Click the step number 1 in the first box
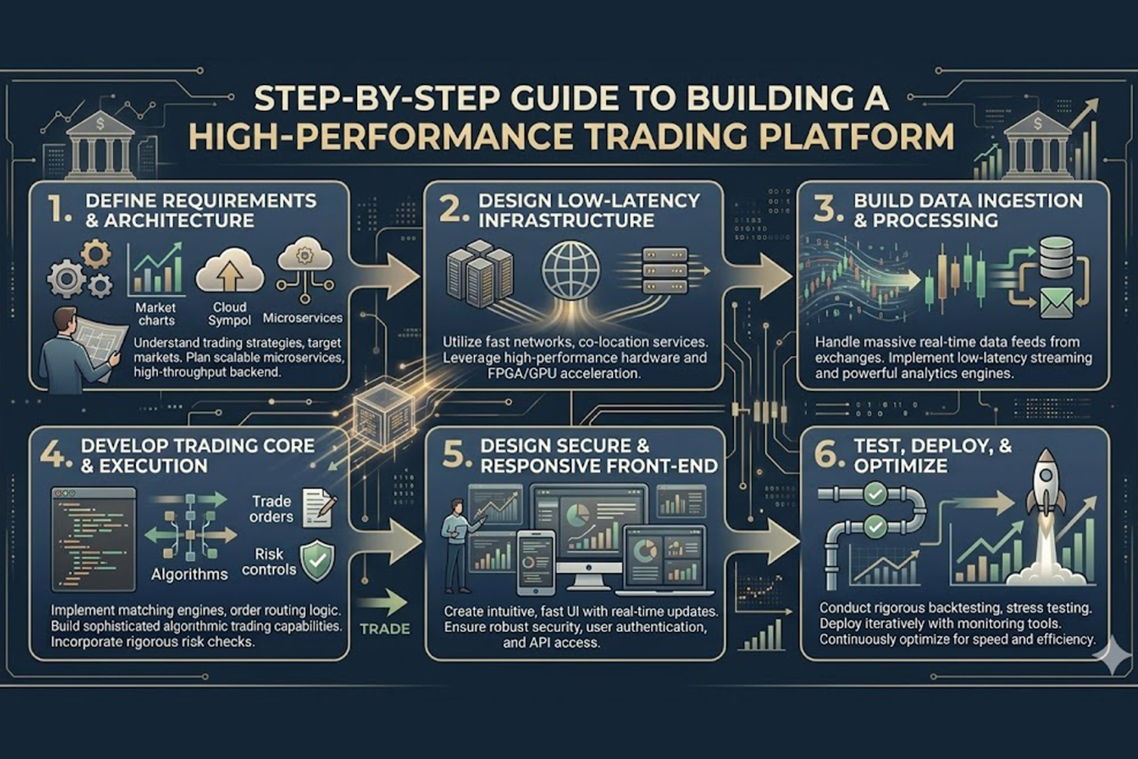(59, 209)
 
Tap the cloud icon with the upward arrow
(229, 272)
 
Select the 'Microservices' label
(302, 318)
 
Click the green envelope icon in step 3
(1057, 302)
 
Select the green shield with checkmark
(318, 560)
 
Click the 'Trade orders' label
(271, 509)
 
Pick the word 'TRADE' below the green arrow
(385, 629)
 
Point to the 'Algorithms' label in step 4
(189, 574)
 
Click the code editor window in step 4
(94, 538)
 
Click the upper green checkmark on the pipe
(875, 493)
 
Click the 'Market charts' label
(155, 314)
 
